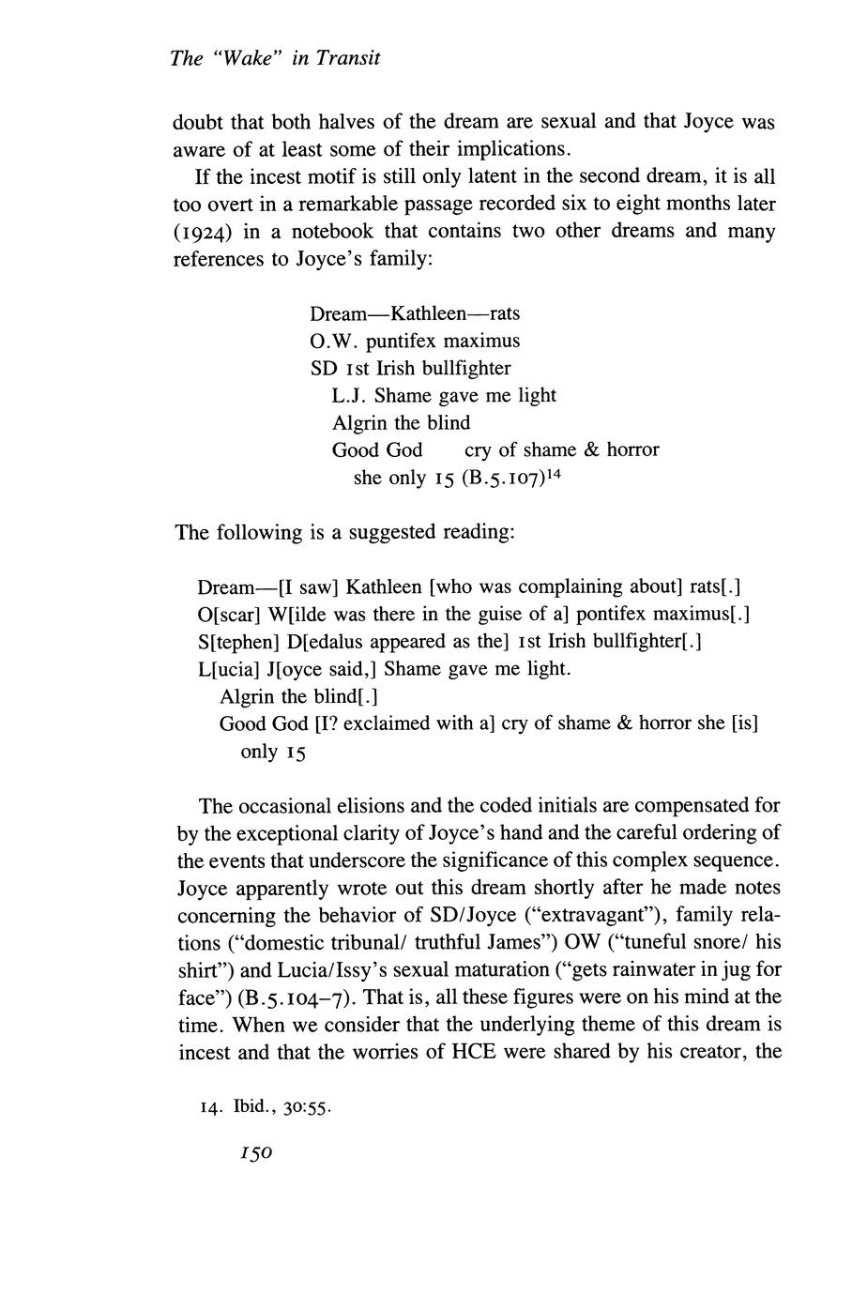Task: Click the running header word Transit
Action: pyautogui.click(x=348, y=58)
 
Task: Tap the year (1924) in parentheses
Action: pyautogui.click(x=198, y=232)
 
